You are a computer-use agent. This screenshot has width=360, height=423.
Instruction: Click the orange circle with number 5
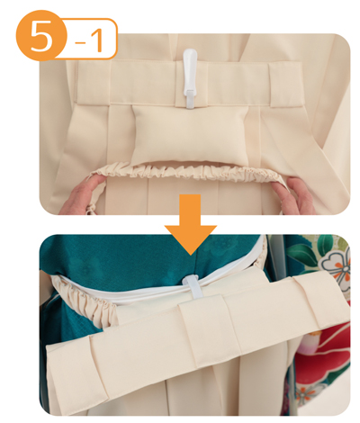(x=41, y=35)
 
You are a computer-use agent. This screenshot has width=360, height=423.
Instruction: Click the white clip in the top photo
(x=191, y=77)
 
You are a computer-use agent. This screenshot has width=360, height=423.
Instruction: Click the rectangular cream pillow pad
(x=191, y=134)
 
